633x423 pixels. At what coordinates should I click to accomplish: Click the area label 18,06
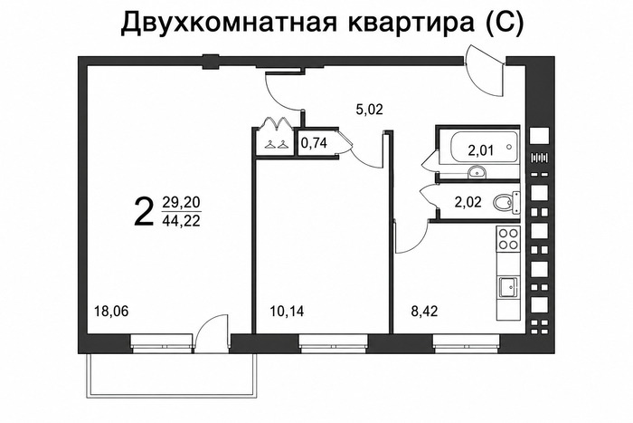pyautogui.click(x=111, y=312)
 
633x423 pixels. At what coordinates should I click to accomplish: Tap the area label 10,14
pyautogui.click(x=287, y=312)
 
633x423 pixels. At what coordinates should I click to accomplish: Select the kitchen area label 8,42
pyautogui.click(x=424, y=312)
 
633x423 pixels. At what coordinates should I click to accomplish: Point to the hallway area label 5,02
pyautogui.click(x=369, y=110)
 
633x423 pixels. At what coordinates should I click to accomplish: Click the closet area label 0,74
pyautogui.click(x=314, y=143)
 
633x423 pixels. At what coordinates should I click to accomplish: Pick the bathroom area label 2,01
pyautogui.click(x=481, y=150)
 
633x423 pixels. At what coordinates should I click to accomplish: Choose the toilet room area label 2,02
pyautogui.click(x=468, y=202)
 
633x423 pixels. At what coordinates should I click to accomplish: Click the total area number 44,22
pyautogui.click(x=181, y=221)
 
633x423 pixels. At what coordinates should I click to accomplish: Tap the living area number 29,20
pyautogui.click(x=181, y=202)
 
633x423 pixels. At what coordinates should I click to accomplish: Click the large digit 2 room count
pyautogui.click(x=144, y=212)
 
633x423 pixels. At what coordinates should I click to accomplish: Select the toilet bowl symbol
pyautogui.click(x=506, y=202)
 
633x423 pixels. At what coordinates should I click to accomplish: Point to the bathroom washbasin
pyautogui.click(x=477, y=173)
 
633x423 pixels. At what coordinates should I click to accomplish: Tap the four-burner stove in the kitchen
pyautogui.click(x=508, y=238)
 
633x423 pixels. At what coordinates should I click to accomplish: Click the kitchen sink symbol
pyautogui.click(x=508, y=288)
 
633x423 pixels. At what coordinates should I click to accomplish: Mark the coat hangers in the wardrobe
pyautogui.click(x=277, y=144)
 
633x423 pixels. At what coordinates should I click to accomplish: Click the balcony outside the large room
pyautogui.click(x=173, y=375)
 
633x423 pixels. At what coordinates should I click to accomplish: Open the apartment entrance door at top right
pyautogui.click(x=485, y=72)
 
